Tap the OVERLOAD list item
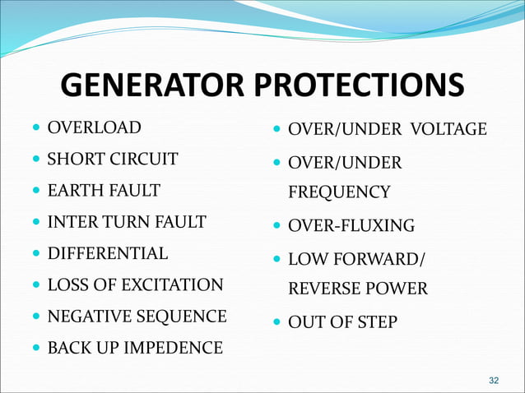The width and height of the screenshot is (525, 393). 94,127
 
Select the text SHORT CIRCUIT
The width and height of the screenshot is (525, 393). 113,159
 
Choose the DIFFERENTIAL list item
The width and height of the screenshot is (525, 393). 108,253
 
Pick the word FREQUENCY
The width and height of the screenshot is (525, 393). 339,192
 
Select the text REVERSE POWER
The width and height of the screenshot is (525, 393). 357,289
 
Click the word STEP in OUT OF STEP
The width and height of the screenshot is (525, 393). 378,322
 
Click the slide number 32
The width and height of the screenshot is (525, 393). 494,380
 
